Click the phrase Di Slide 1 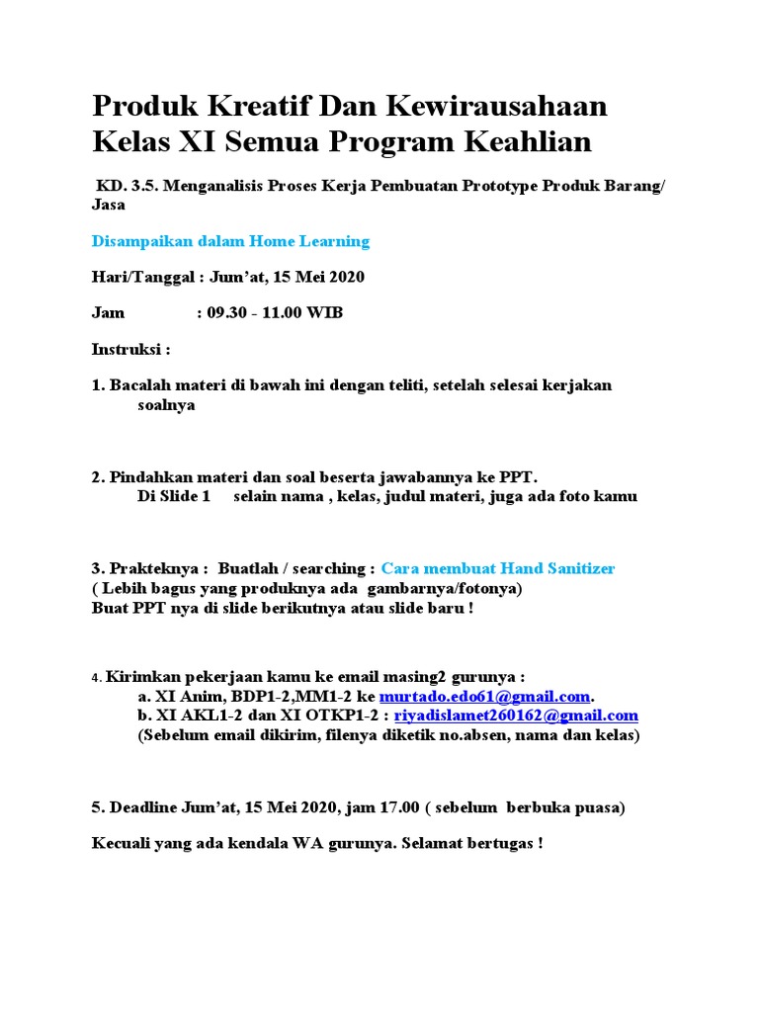(174, 496)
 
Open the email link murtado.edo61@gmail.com (484, 696)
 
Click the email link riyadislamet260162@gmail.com (516, 715)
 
